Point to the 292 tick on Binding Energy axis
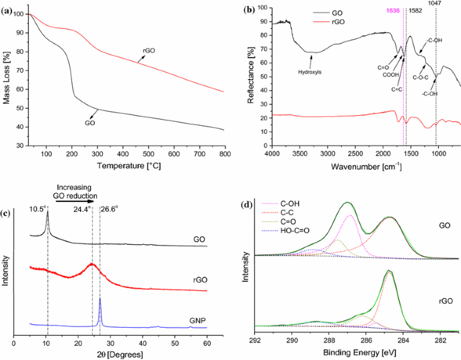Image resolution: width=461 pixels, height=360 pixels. [x=255, y=340]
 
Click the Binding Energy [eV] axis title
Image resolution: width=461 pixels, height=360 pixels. [x=357, y=352]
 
